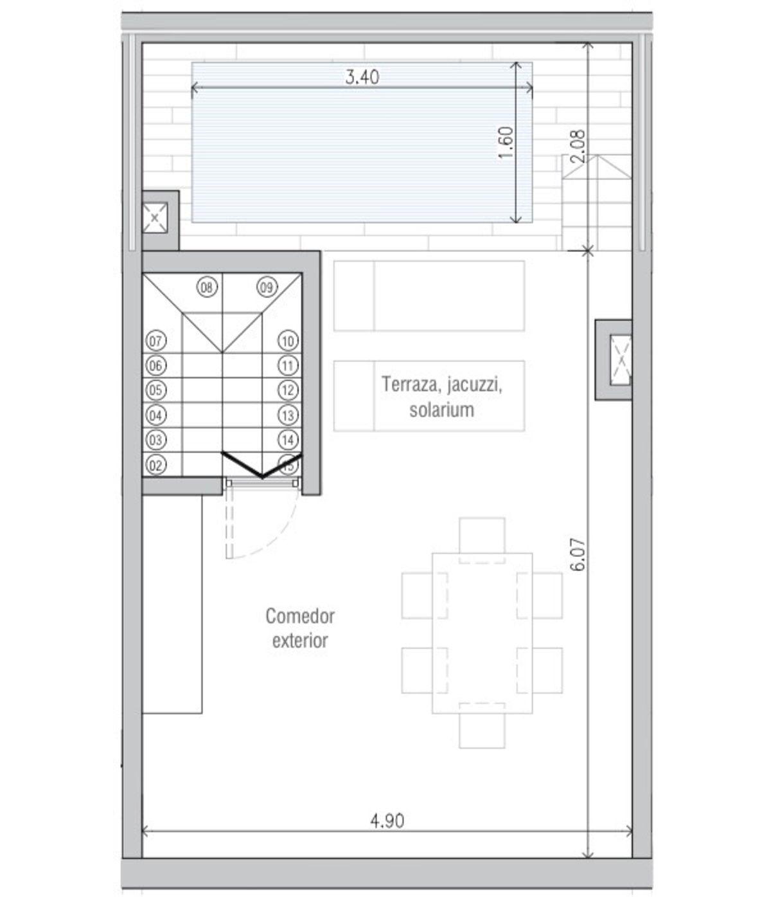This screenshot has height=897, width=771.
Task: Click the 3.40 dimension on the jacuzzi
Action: (x=362, y=77)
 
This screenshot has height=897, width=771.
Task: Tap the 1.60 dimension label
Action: (x=506, y=143)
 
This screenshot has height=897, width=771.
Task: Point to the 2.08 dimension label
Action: (x=578, y=147)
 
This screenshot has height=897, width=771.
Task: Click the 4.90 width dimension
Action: (x=387, y=821)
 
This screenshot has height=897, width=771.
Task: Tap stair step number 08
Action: (x=207, y=287)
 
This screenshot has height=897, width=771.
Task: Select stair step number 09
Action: (x=267, y=287)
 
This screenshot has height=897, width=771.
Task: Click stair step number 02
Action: (x=155, y=466)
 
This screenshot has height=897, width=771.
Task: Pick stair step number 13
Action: (x=288, y=415)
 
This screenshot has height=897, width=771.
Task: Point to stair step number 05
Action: (x=155, y=390)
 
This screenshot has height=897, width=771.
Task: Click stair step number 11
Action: (x=288, y=365)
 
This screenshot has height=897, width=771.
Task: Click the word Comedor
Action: (x=299, y=616)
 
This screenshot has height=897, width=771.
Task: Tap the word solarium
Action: (x=441, y=410)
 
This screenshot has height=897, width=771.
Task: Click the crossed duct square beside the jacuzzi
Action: (x=155, y=218)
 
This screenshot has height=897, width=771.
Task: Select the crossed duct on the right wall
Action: (x=621, y=359)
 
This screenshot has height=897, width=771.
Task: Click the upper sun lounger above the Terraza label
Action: (x=429, y=296)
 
